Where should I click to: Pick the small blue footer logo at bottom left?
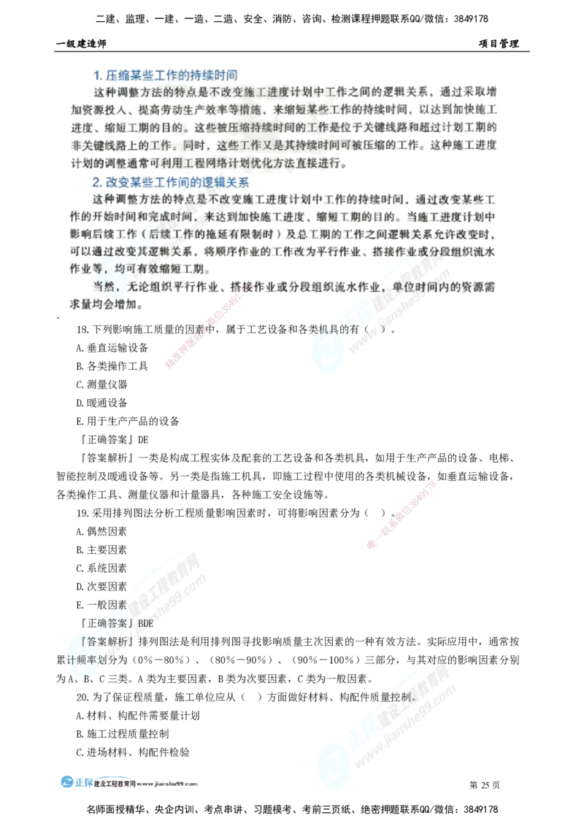coord(76,780)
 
